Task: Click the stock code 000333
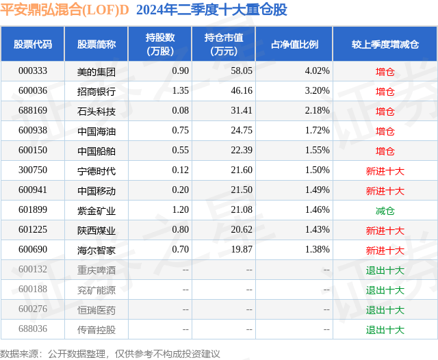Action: coord(32,70)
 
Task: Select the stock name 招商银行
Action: coord(96,91)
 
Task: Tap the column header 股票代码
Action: coord(32,44)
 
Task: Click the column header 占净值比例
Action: coord(294,44)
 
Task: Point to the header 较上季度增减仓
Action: coord(385,44)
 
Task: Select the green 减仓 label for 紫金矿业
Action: coord(385,211)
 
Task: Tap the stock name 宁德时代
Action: coord(96,170)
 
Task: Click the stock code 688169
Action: coord(32,111)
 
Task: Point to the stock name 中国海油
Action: coord(96,131)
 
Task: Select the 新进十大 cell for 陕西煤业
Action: coord(385,231)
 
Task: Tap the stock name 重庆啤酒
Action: coord(96,270)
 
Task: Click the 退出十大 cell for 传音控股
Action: coord(385,330)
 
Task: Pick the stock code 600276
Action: coord(32,310)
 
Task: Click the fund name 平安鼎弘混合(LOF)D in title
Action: coord(64,10)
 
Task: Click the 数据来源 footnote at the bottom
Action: coord(109,353)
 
